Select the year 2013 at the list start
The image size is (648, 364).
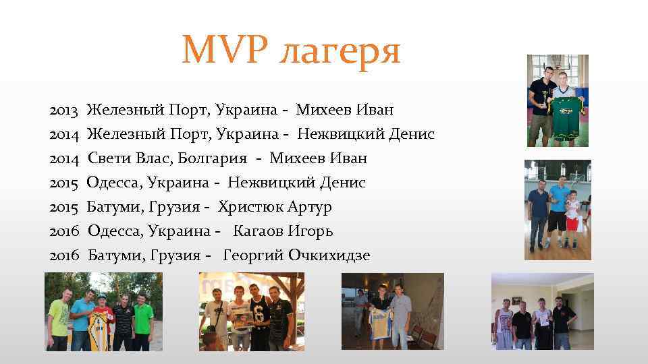pos(63,109)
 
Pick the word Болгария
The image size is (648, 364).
pos(214,158)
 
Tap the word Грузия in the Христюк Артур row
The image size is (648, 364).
pos(169,206)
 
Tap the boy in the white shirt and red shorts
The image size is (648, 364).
pos(573,216)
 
